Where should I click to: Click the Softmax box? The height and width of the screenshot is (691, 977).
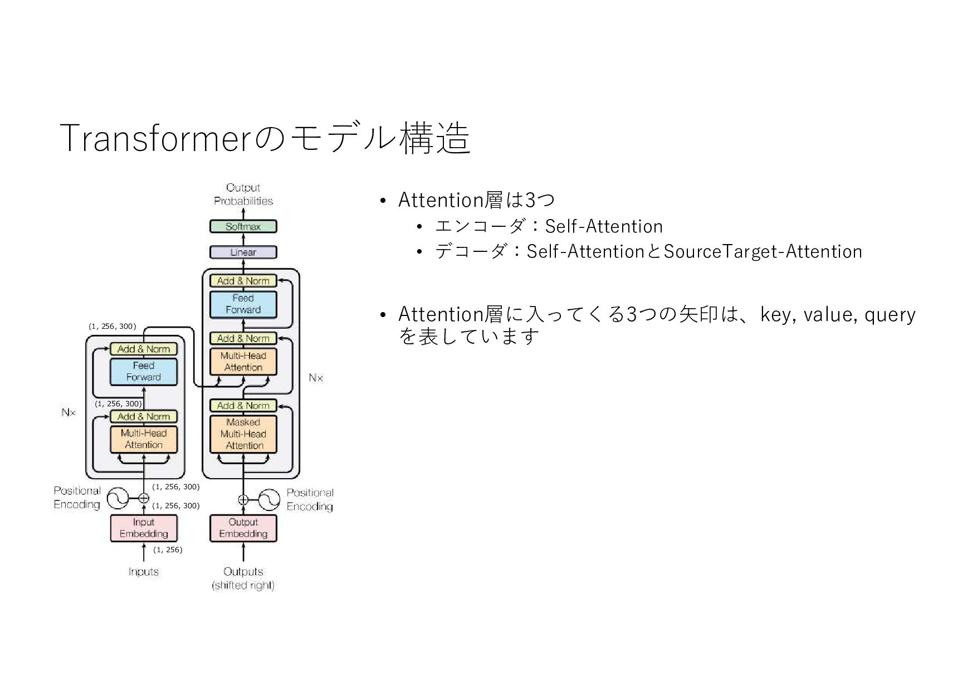[x=243, y=227]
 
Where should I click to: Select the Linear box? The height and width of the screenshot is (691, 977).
[x=243, y=252]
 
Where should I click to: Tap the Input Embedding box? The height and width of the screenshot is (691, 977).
[x=143, y=528]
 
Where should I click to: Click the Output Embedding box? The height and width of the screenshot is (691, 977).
[x=243, y=528]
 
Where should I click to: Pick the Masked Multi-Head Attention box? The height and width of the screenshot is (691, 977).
[x=243, y=434]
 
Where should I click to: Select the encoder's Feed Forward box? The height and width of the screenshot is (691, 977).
[x=143, y=371]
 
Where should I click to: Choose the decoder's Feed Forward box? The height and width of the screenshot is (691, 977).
[x=243, y=304]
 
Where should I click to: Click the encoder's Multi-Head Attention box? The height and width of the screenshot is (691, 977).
[x=143, y=439]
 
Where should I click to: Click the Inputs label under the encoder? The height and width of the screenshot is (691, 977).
[x=143, y=572]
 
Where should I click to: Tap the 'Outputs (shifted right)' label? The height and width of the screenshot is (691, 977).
[x=243, y=578]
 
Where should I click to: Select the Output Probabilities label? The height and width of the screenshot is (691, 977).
[x=243, y=194]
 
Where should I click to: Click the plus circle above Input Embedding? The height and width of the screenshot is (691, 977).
[x=144, y=498]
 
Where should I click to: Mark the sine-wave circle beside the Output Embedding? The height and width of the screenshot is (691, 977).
[x=269, y=500]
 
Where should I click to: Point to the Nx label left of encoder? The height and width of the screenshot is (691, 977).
[x=69, y=413]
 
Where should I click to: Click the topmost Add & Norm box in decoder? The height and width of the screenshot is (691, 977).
[x=243, y=281]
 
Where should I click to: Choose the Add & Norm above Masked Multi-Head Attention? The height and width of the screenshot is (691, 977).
[x=243, y=406]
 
